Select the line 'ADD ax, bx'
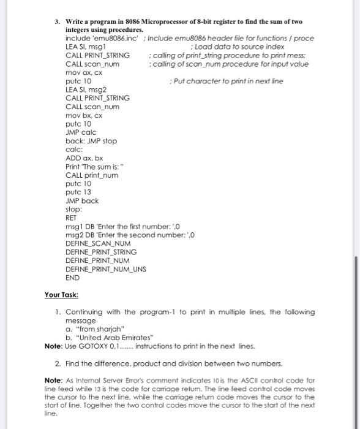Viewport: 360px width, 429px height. point(83,158)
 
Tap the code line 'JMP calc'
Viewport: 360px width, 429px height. point(81,132)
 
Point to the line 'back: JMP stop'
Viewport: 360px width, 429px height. point(91,140)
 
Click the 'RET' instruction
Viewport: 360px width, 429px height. point(71,218)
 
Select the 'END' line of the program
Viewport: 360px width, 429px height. point(72,277)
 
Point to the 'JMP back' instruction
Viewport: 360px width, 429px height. point(81,200)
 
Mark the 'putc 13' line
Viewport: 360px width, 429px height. point(78,192)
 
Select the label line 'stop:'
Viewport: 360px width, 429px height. point(73,209)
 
